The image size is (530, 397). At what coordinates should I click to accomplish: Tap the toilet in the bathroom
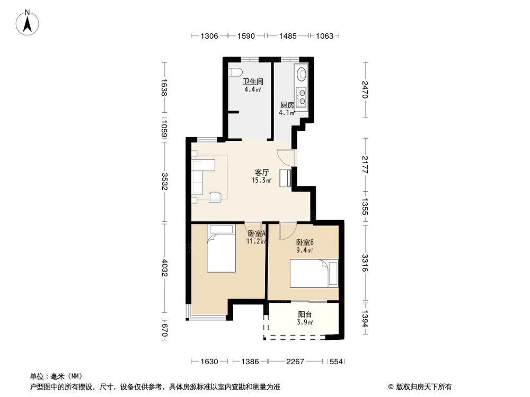[x=235, y=72]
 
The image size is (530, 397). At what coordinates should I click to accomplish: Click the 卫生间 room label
[x=253, y=82]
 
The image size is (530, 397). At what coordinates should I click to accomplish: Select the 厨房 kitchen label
[x=287, y=105]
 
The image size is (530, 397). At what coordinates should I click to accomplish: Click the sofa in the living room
[x=201, y=175]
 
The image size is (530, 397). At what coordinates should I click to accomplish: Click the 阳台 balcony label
[x=305, y=314]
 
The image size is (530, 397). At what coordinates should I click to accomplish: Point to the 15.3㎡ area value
[x=262, y=181]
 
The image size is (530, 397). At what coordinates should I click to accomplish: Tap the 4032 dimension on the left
[x=165, y=268]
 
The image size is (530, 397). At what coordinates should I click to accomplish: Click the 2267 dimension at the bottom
[x=295, y=362]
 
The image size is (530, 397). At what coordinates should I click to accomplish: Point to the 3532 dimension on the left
[x=165, y=182]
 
